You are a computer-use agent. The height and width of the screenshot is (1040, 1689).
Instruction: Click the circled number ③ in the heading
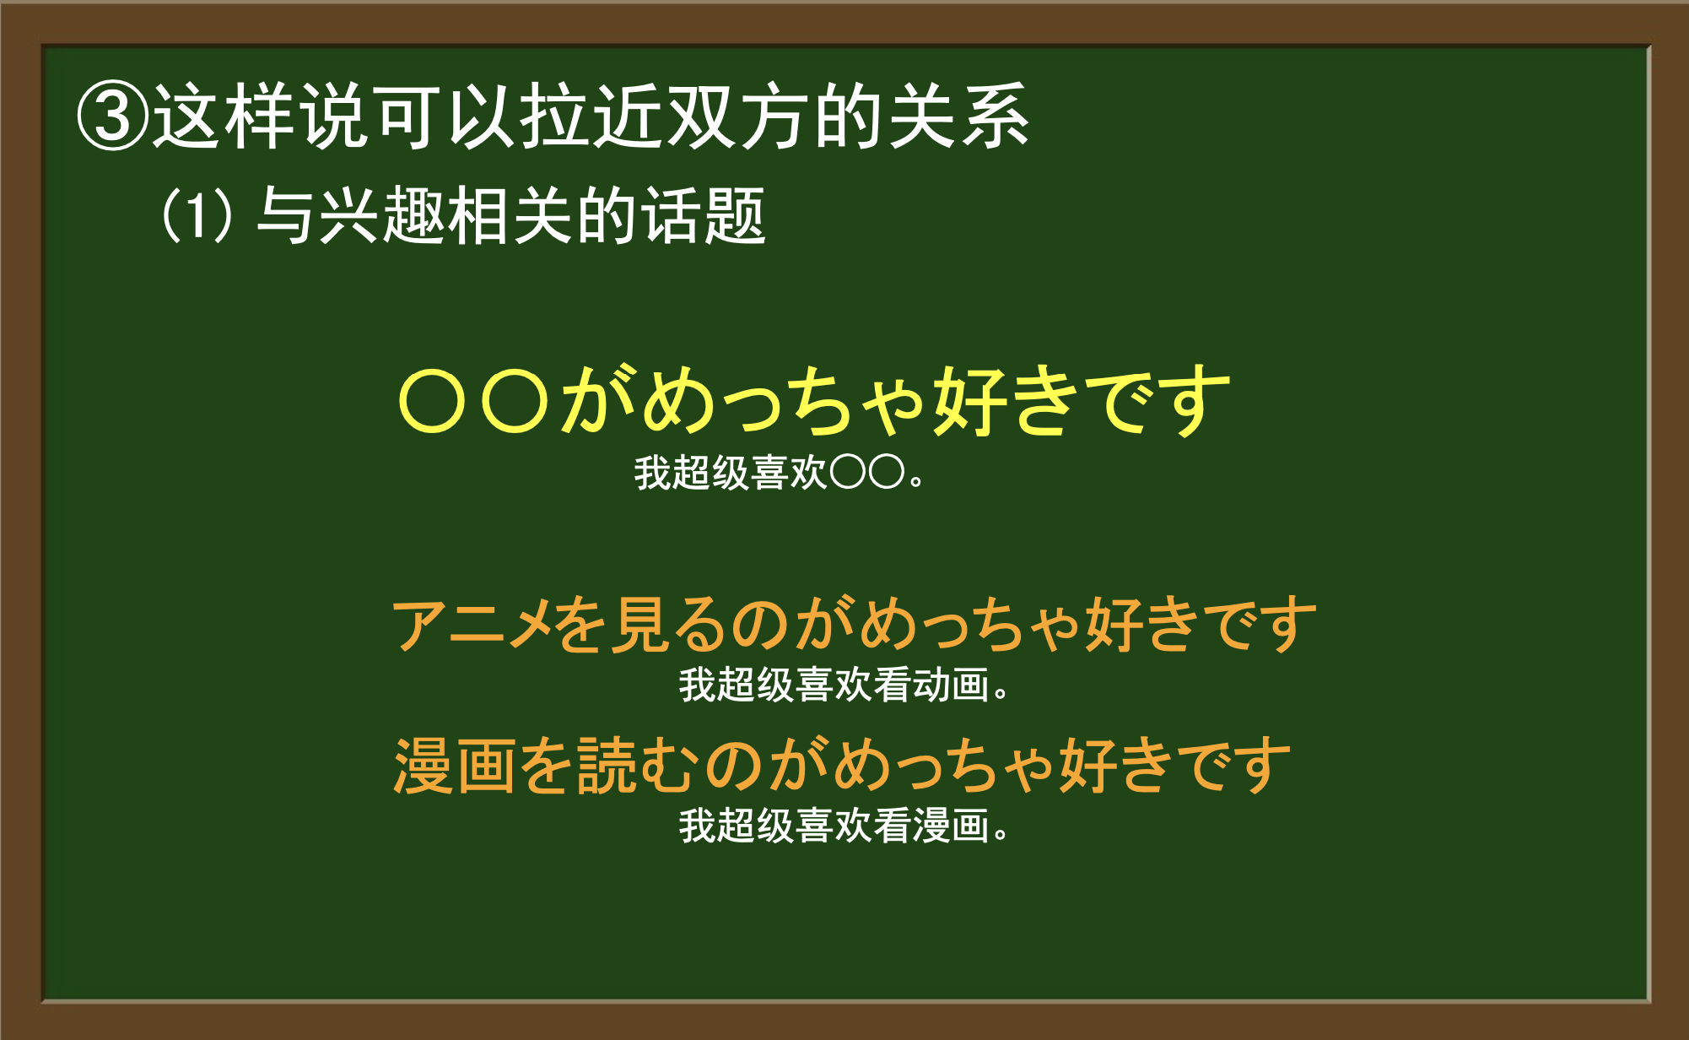tap(112, 116)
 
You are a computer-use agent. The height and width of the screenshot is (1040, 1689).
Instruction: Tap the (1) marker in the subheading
tap(196, 215)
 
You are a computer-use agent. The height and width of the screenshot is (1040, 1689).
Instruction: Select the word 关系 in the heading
tap(958, 116)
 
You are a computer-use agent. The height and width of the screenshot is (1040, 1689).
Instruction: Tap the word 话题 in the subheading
tap(704, 215)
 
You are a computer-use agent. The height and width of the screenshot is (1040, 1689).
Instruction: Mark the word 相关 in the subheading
tap(511, 215)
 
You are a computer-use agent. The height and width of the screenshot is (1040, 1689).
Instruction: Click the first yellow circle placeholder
tap(432, 402)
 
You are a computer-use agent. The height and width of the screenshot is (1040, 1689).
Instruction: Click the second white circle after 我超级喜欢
tap(887, 473)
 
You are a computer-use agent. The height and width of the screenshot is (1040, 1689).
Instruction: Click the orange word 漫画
tap(455, 766)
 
